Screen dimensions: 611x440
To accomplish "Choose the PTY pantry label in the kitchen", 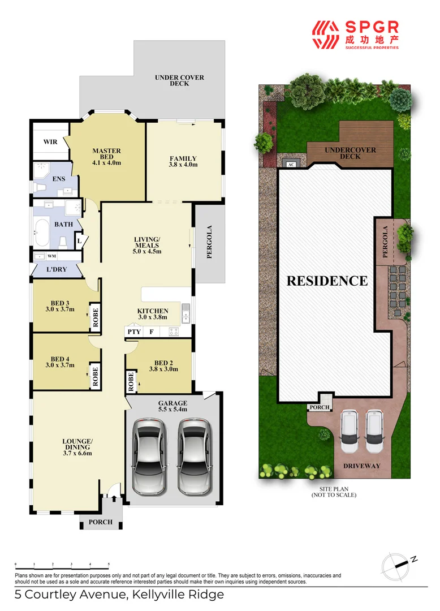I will tap(133, 332).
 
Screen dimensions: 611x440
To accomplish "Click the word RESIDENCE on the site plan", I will tap(327, 281).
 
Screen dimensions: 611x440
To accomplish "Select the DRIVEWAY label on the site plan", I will tap(361, 466).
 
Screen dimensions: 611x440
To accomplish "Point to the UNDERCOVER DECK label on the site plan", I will tap(350, 153).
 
